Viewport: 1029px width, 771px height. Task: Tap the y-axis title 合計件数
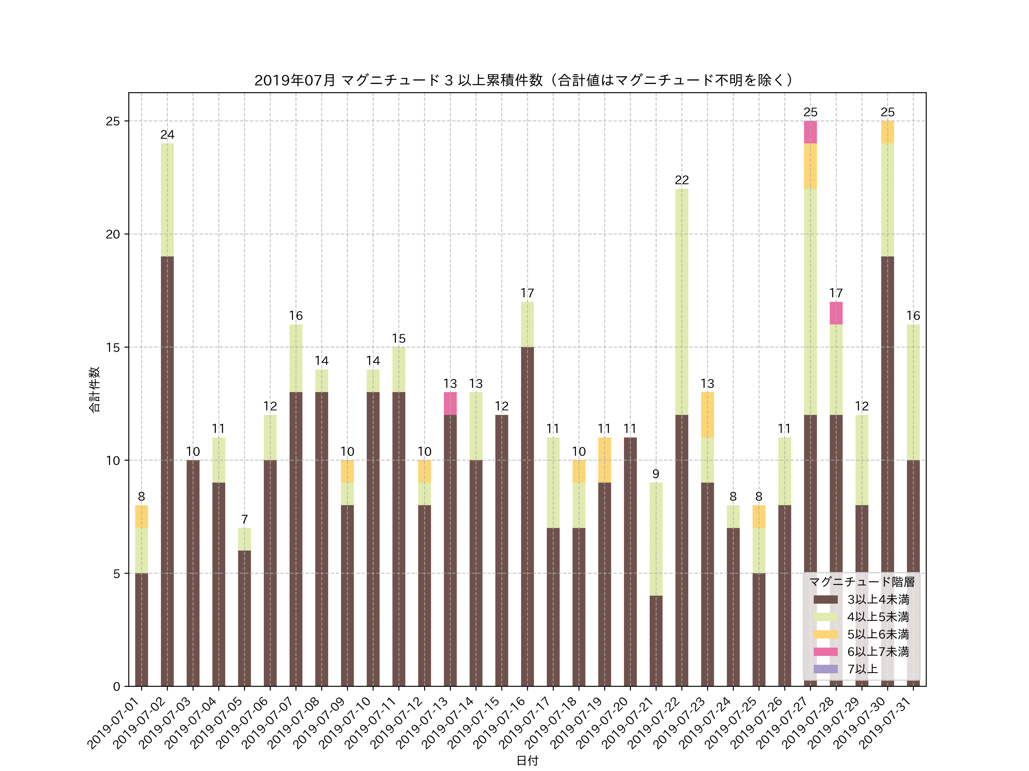coord(94,389)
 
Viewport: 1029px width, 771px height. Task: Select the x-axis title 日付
coord(527,761)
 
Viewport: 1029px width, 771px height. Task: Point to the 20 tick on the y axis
coord(113,234)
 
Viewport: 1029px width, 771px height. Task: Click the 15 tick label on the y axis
coord(113,347)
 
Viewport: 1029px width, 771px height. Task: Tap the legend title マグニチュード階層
coord(862,582)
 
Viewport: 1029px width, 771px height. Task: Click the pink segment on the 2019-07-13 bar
coord(450,403)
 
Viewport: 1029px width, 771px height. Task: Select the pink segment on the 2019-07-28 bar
coord(836,313)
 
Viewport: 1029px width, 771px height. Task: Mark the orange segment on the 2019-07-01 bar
coord(141,516)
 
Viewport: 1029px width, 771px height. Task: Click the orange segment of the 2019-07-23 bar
coord(707,415)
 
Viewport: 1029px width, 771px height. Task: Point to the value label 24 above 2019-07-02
coord(167,135)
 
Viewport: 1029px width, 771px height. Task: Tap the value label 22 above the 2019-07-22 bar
coord(681,180)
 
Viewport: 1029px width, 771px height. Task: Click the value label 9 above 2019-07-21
coord(655,474)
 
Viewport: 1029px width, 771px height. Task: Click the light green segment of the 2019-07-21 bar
coord(655,539)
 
